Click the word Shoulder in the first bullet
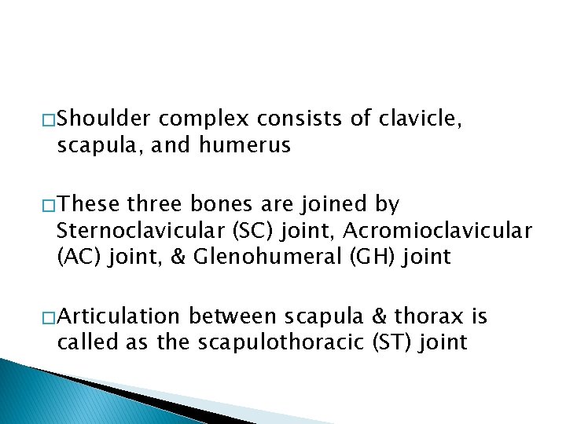pos(105,119)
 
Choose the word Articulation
pos(119,316)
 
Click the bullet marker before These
pos(49,206)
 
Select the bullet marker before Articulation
pos(49,317)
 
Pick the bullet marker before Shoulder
pos(49,119)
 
